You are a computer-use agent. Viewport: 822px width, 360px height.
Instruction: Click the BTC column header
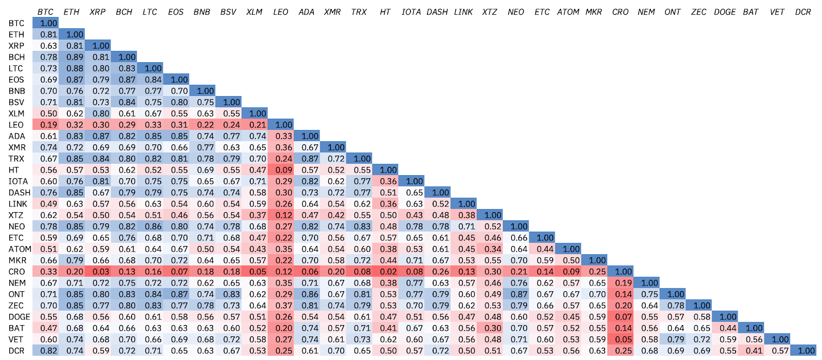(x=45, y=12)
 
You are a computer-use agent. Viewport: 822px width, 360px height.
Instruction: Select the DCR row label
(x=16, y=351)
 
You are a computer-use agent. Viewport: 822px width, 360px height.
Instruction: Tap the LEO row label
(x=16, y=125)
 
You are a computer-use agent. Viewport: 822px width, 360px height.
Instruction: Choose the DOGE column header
(x=724, y=12)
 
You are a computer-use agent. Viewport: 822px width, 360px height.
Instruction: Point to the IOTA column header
(x=411, y=12)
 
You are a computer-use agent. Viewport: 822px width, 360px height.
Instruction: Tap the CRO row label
(x=16, y=272)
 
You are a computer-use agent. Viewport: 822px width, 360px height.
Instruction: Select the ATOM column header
(x=568, y=12)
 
